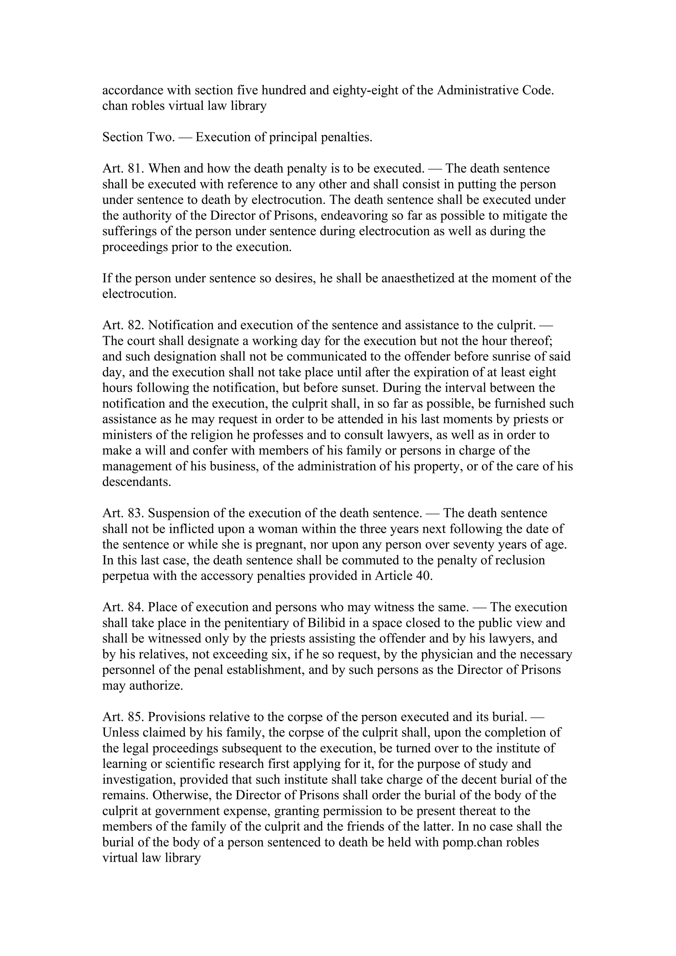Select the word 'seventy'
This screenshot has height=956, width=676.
[463, 545]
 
